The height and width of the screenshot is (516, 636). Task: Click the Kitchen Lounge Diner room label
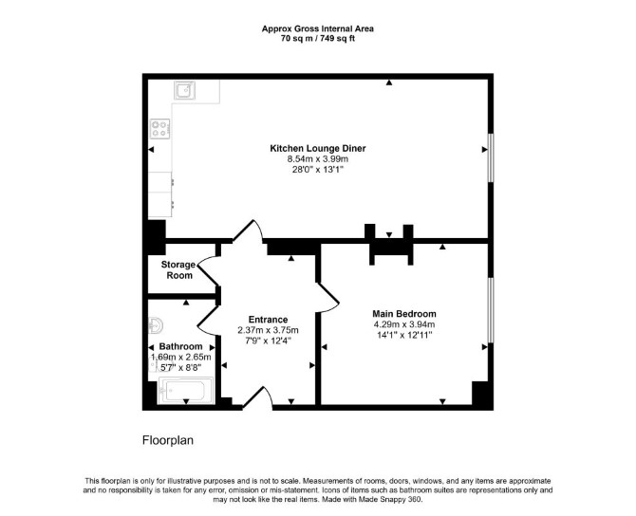tap(318, 148)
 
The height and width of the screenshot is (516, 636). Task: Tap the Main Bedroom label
tap(404, 314)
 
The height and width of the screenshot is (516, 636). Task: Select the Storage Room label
tap(178, 270)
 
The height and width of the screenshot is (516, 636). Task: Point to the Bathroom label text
tap(180, 346)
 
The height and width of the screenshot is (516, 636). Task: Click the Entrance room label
tap(268, 320)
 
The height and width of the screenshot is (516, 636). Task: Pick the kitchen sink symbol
tap(185, 90)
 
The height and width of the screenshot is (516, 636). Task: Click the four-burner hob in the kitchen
tap(159, 129)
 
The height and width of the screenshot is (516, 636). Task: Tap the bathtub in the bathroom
tap(186, 391)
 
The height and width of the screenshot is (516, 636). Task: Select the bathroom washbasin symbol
tap(156, 325)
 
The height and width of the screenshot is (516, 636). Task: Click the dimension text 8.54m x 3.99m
tap(318, 159)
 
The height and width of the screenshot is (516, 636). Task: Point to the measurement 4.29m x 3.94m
tap(404, 324)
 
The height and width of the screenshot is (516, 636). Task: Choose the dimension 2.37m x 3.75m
tap(268, 330)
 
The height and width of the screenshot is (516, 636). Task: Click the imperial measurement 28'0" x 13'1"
tap(318, 170)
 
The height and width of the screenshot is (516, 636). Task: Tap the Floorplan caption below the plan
tap(167, 440)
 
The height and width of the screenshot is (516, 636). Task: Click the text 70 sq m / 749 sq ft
tap(318, 39)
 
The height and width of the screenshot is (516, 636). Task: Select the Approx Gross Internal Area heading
tap(318, 28)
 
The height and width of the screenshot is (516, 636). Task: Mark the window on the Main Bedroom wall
tap(491, 310)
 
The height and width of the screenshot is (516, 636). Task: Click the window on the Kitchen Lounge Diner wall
tap(491, 157)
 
